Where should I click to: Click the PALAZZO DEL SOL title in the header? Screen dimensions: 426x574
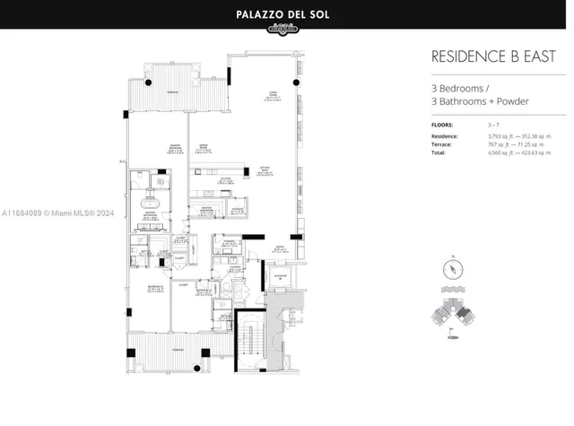[286, 13]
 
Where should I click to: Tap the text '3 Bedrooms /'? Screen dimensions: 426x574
[460, 88]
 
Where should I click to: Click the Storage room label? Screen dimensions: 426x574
[239, 210]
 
